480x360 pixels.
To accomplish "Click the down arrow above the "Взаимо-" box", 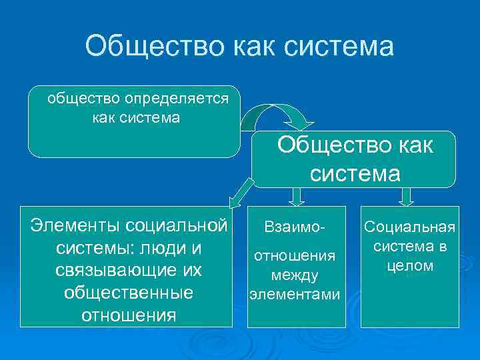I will click(x=297, y=196).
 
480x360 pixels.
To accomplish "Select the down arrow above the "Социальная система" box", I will click(x=407, y=196).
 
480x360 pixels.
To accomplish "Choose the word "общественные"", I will click(x=127, y=293).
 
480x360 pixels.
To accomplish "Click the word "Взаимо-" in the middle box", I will click(x=294, y=228).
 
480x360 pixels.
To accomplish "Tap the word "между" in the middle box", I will click(x=294, y=275).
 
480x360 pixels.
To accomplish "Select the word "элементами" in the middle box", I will click(x=294, y=293).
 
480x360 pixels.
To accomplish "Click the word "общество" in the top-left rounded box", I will click(x=83, y=99).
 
